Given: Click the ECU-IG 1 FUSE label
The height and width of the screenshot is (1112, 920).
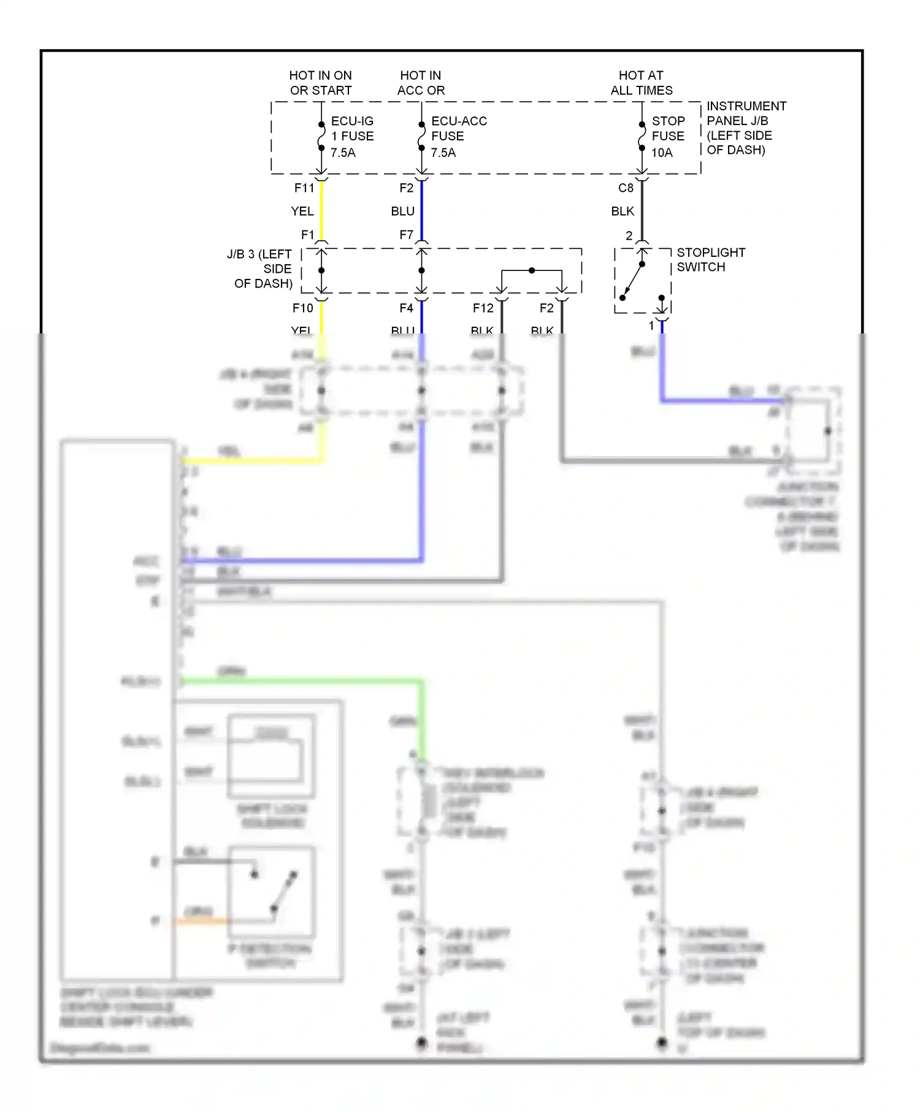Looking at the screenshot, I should click(x=351, y=136).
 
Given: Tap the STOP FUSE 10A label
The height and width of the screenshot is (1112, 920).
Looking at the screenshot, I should click(x=667, y=136).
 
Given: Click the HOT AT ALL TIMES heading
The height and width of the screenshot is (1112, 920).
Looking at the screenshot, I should click(x=641, y=83).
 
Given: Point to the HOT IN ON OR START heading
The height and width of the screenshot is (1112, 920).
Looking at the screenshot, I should click(x=320, y=83).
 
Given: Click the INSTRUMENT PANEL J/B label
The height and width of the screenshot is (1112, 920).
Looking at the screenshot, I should click(x=745, y=128).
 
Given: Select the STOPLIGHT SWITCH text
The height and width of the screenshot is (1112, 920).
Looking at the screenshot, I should click(x=710, y=259).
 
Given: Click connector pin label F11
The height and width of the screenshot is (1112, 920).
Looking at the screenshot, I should click(x=304, y=188).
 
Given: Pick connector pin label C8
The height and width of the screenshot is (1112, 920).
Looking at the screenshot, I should click(x=625, y=188).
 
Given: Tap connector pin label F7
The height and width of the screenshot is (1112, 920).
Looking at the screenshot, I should click(x=406, y=235).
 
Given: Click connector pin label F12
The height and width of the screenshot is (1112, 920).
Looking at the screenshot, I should click(x=483, y=308).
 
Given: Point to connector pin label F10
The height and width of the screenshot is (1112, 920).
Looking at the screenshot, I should click(x=302, y=308).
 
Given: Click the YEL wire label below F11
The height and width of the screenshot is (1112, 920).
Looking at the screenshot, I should click(x=302, y=211).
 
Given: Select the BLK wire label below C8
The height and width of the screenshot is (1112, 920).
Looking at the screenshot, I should click(x=622, y=211).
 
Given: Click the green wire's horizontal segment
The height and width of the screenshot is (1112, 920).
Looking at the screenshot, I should click(x=301, y=680).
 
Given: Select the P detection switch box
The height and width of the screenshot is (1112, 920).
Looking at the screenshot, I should click(x=271, y=892).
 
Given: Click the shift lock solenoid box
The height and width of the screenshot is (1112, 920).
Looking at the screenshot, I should click(x=271, y=755).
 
